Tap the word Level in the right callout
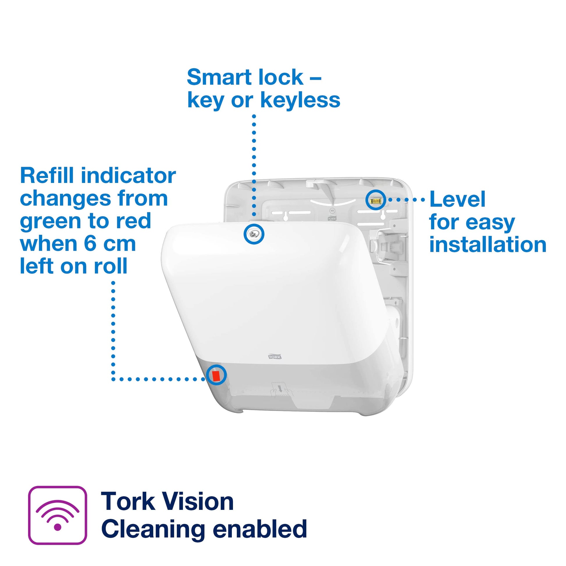(x=457, y=200)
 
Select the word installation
(x=488, y=245)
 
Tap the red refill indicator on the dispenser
(x=216, y=375)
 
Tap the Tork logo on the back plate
(x=332, y=218)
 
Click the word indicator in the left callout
(x=128, y=176)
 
